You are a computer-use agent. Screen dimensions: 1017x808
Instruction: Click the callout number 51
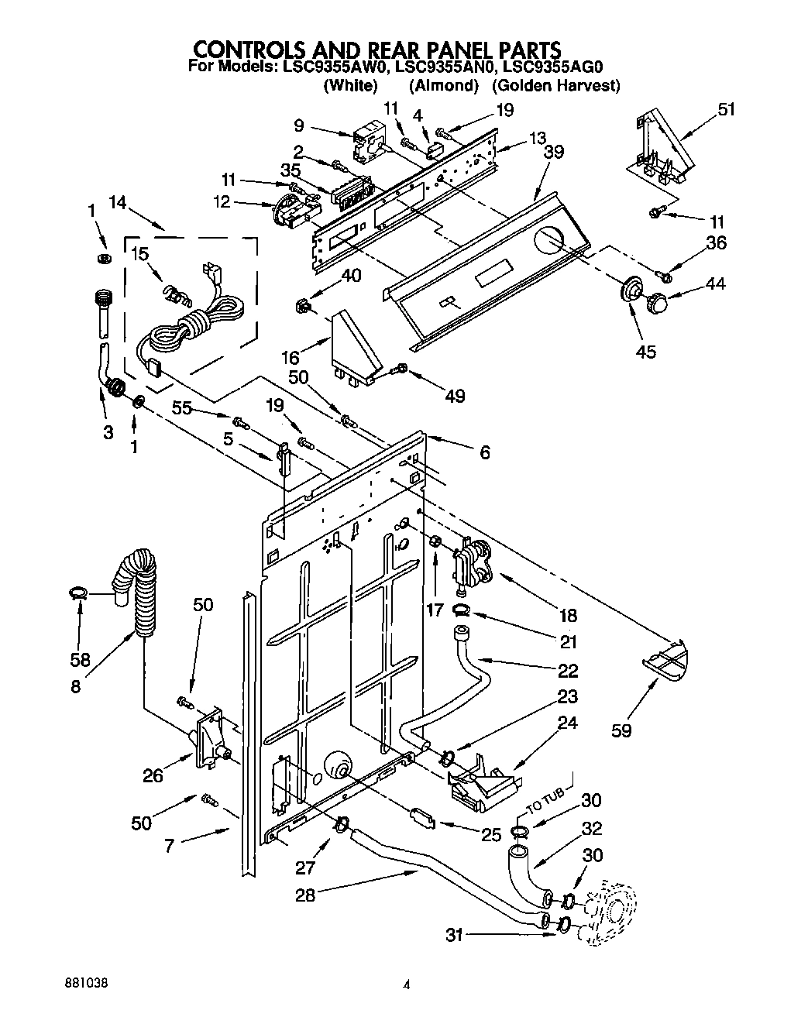[x=725, y=109]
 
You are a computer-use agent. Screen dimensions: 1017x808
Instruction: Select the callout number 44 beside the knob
[x=714, y=284]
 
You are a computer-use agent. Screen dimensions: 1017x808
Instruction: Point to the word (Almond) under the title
[x=443, y=85]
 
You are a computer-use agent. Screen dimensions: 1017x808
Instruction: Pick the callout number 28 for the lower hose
[x=306, y=895]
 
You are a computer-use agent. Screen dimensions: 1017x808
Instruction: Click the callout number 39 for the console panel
[x=553, y=152]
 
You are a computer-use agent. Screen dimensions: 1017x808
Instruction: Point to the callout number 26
[x=153, y=775]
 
